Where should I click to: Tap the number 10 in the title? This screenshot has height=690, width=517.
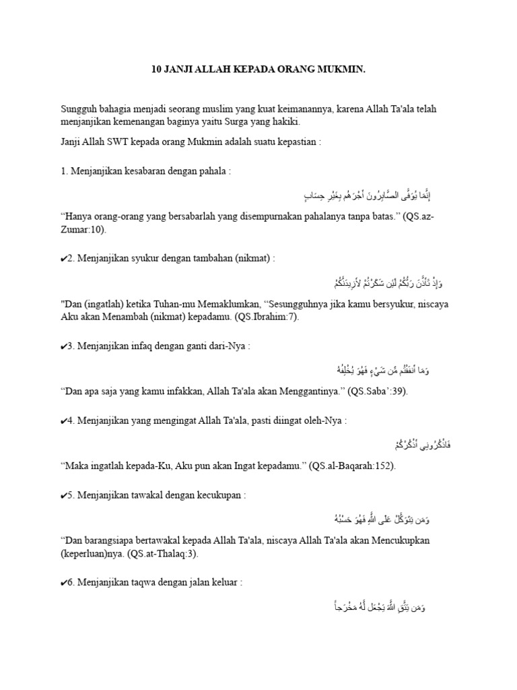pyautogui.click(x=154, y=69)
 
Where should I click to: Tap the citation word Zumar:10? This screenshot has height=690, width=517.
pyautogui.click(x=82, y=229)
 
